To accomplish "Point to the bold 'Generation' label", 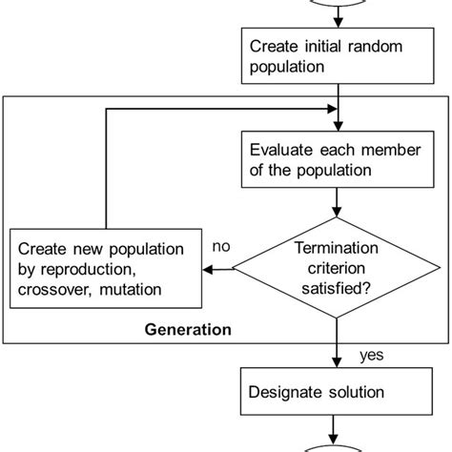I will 188,332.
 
